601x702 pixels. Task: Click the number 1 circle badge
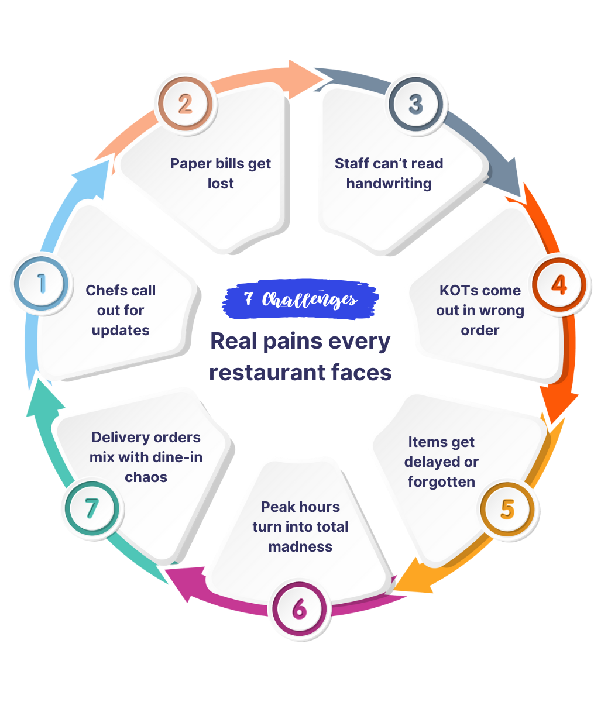(42, 284)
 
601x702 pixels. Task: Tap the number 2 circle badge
(185, 105)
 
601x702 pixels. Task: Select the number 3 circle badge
(415, 104)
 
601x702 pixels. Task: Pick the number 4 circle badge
(559, 285)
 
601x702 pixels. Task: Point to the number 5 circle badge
(507, 509)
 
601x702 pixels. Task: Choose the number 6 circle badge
(299, 610)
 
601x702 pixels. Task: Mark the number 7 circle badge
(91, 508)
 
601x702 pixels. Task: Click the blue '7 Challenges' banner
(300, 300)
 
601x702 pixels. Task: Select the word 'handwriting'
(389, 183)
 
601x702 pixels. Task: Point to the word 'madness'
(300, 547)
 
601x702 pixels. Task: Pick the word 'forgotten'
(441, 482)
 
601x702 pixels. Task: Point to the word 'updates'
(121, 330)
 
